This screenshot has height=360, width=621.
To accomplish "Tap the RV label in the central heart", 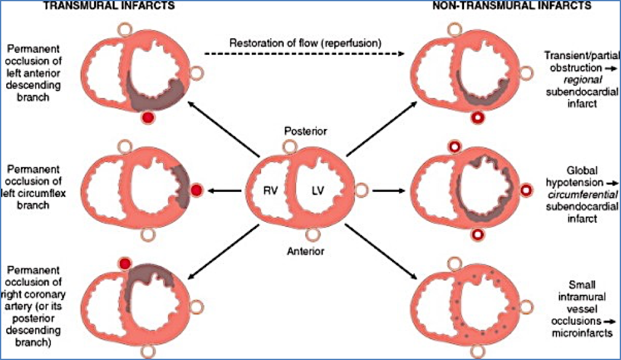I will [269, 190].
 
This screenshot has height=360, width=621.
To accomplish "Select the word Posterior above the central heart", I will [306, 131].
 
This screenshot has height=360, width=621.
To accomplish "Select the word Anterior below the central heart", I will [306, 251].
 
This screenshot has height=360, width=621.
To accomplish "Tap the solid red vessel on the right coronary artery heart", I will [126, 264].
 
